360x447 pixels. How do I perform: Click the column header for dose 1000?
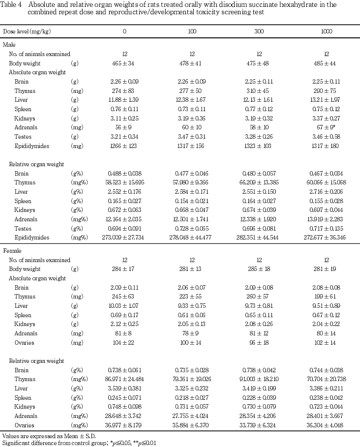(x=327, y=31)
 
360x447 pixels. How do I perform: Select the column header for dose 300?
(x=259, y=31)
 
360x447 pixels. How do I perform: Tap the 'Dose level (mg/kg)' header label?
(x=27, y=31)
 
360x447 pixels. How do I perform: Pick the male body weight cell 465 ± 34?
(x=124, y=63)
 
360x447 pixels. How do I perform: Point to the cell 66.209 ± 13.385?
(x=259, y=182)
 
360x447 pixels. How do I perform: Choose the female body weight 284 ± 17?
(x=124, y=269)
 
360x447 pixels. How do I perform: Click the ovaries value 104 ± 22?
(x=124, y=342)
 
